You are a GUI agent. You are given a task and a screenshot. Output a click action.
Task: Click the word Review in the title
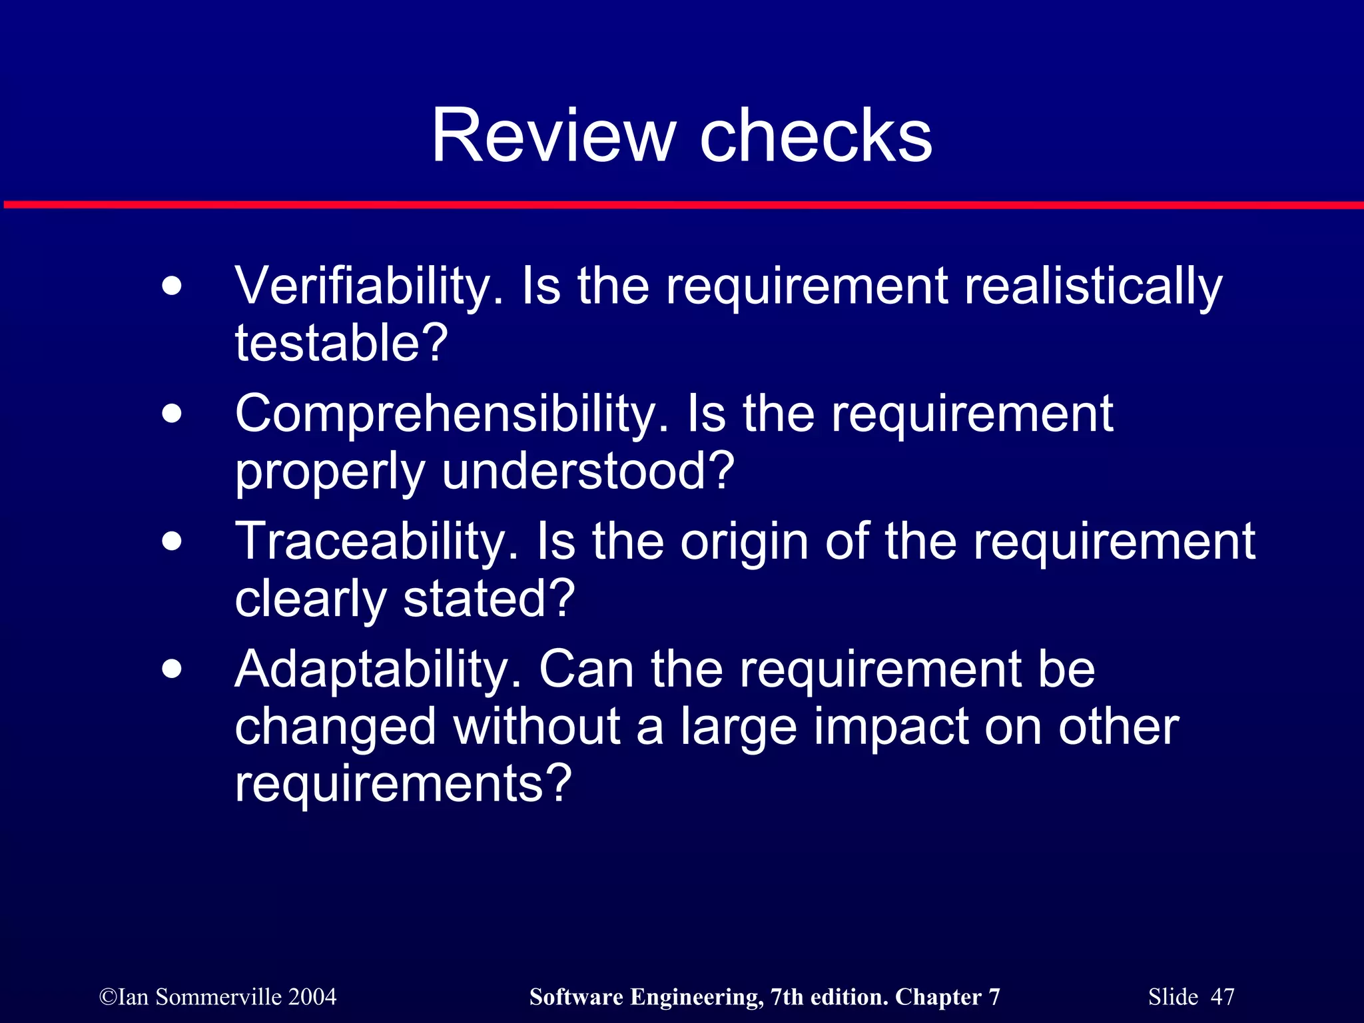coord(553,136)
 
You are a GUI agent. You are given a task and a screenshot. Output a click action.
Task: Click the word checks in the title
coord(815,136)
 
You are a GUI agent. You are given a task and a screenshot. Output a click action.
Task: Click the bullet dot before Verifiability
coord(172,287)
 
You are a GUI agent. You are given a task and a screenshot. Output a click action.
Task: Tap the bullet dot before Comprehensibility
coord(172,414)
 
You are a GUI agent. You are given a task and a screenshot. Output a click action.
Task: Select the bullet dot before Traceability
coord(172,541)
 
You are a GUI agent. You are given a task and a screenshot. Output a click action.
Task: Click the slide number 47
coord(1222,996)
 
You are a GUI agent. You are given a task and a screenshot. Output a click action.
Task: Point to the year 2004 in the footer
coord(312,996)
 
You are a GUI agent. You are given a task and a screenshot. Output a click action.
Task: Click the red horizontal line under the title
coord(682,204)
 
